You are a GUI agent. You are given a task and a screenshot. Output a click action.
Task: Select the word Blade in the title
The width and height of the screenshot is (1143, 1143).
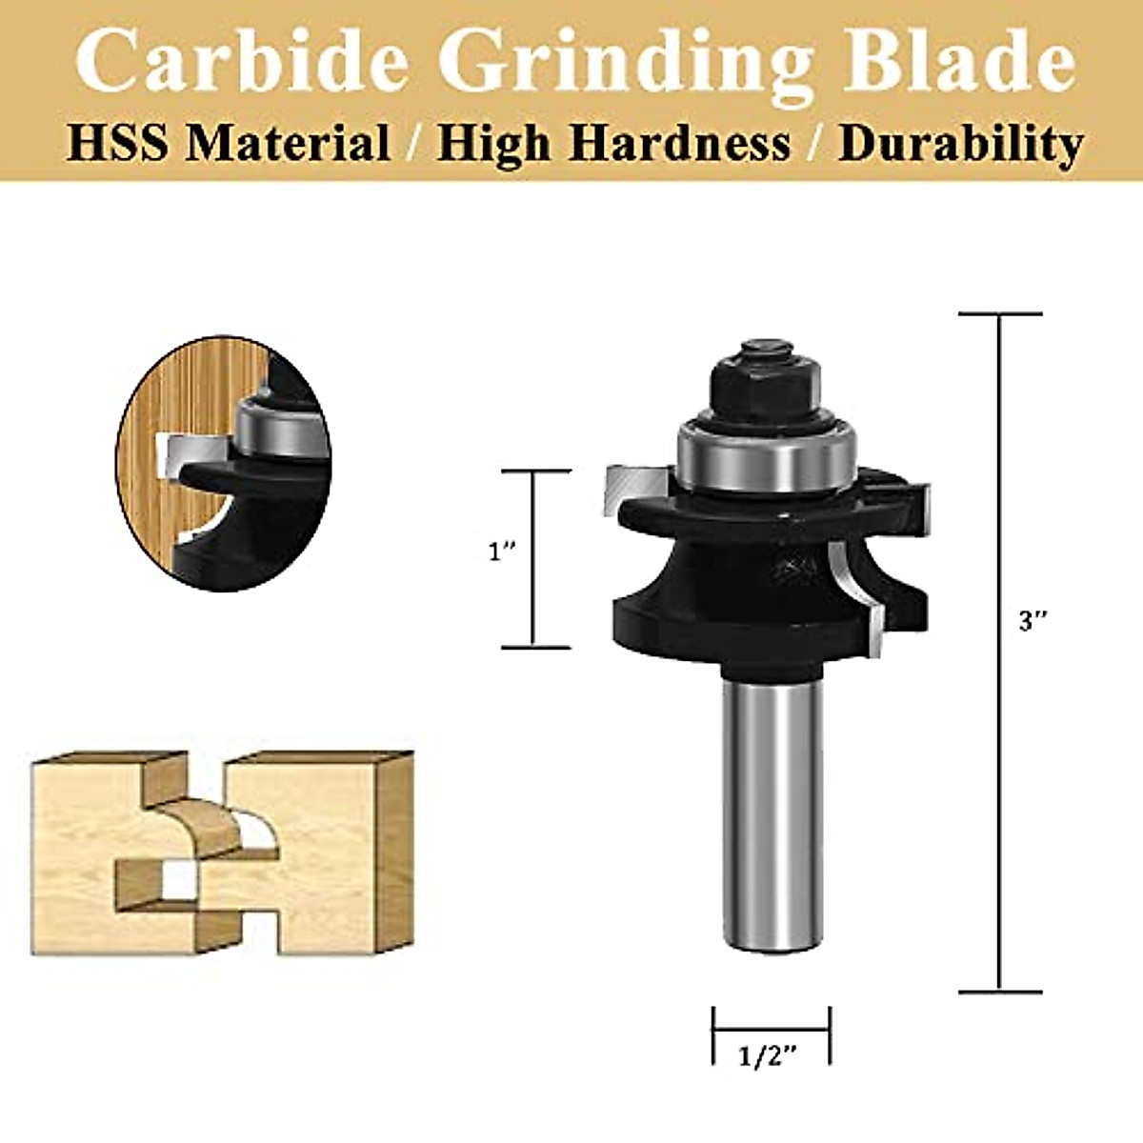tap(962, 62)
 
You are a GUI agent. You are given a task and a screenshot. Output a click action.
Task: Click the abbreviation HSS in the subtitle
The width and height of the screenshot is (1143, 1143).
tap(117, 144)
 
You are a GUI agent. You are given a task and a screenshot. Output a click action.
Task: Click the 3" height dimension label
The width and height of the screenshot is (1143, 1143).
tap(1033, 622)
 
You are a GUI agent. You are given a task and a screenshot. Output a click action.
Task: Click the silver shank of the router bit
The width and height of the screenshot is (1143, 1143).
tap(771, 810)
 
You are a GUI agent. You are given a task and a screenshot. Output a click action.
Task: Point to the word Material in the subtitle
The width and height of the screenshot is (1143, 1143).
tap(287, 144)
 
